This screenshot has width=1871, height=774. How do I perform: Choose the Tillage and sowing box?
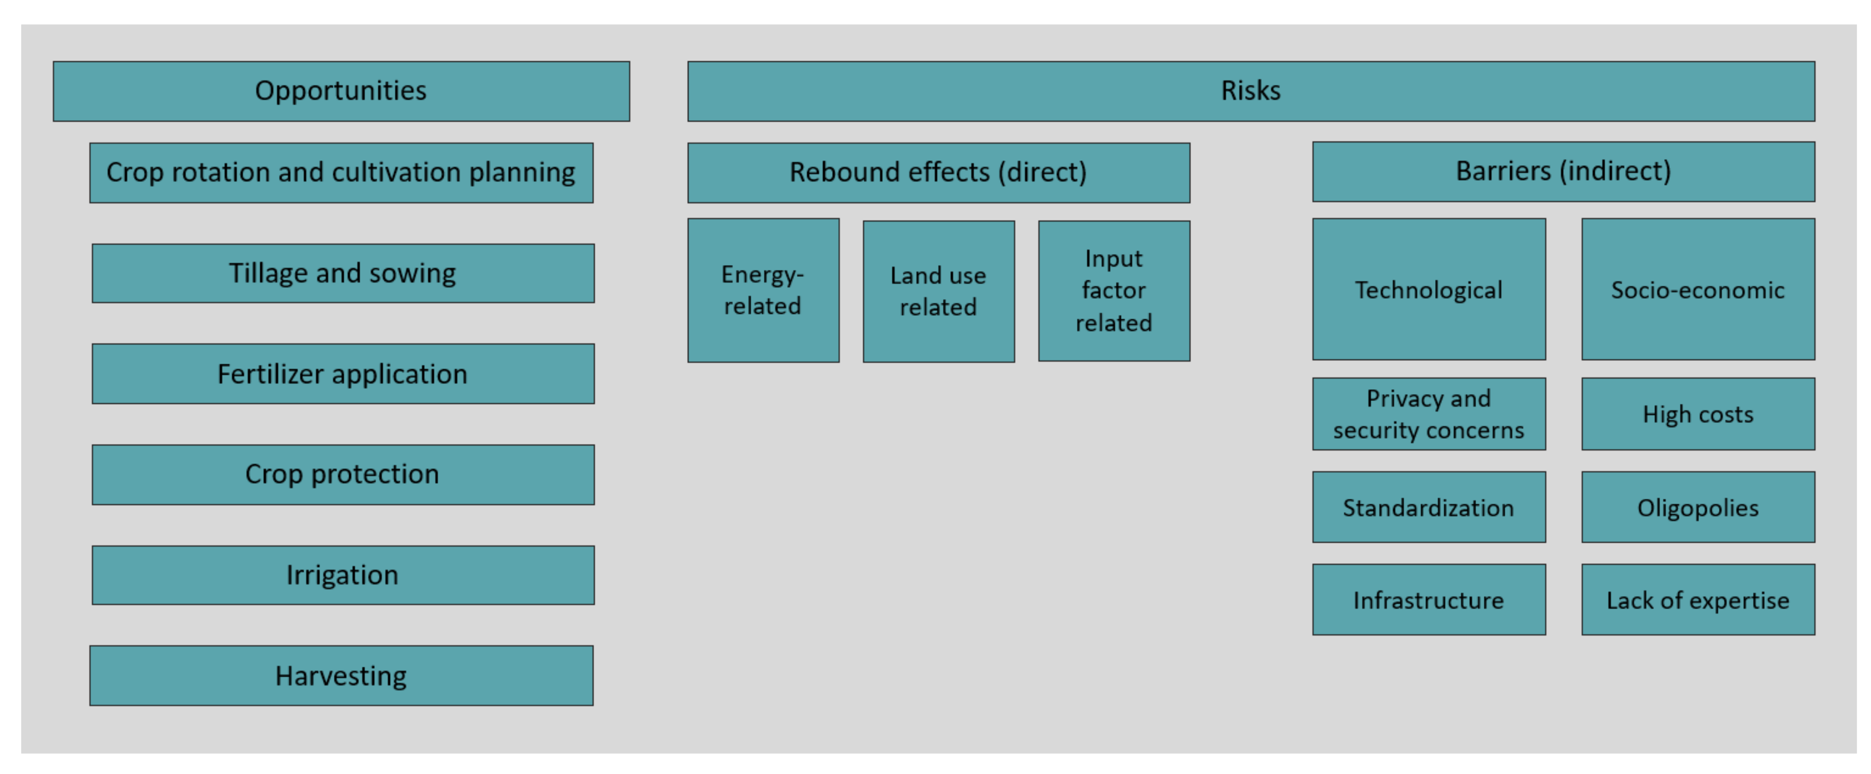pyautogui.click(x=342, y=273)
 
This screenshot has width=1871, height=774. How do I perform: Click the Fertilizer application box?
pyautogui.click(x=342, y=374)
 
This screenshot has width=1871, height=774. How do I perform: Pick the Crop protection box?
pyautogui.click(x=342, y=474)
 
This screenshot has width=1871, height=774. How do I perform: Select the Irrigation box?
pyautogui.click(x=342, y=575)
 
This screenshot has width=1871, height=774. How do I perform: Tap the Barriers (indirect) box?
pyautogui.click(x=1563, y=171)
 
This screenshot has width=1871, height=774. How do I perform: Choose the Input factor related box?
pyautogui.click(x=1113, y=290)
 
